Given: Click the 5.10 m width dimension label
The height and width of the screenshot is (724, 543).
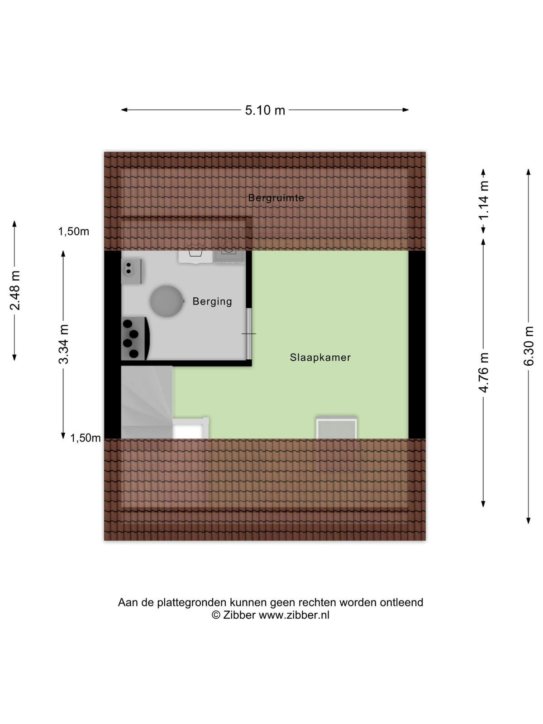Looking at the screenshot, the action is pos(265,110).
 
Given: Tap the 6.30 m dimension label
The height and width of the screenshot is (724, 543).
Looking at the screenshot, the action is pos(528,346).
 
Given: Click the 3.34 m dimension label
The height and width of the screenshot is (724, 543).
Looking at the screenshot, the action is pos(63,344).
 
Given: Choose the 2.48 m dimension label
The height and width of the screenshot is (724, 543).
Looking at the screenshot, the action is pos(15,290).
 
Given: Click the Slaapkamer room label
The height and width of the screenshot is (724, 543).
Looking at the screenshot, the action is pos(320,357).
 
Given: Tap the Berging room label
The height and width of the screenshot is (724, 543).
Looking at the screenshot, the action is pos(212,301).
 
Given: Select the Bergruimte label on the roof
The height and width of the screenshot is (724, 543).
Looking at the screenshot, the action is pos(276,198).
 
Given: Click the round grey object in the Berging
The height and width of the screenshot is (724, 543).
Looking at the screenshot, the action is pos(167,301).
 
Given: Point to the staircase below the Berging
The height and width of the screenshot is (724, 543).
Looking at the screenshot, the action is pos(147,402).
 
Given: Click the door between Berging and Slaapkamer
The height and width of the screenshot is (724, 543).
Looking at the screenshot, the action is pos(249,334).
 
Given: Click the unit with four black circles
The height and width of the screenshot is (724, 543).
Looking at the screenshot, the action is pos(135,338).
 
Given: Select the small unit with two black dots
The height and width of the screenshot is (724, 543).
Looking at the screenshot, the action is pos(132,271).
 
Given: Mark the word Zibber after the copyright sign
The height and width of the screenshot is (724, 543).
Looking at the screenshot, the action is pos(239,615).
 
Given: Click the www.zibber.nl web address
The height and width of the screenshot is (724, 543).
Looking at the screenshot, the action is pos(294,615).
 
